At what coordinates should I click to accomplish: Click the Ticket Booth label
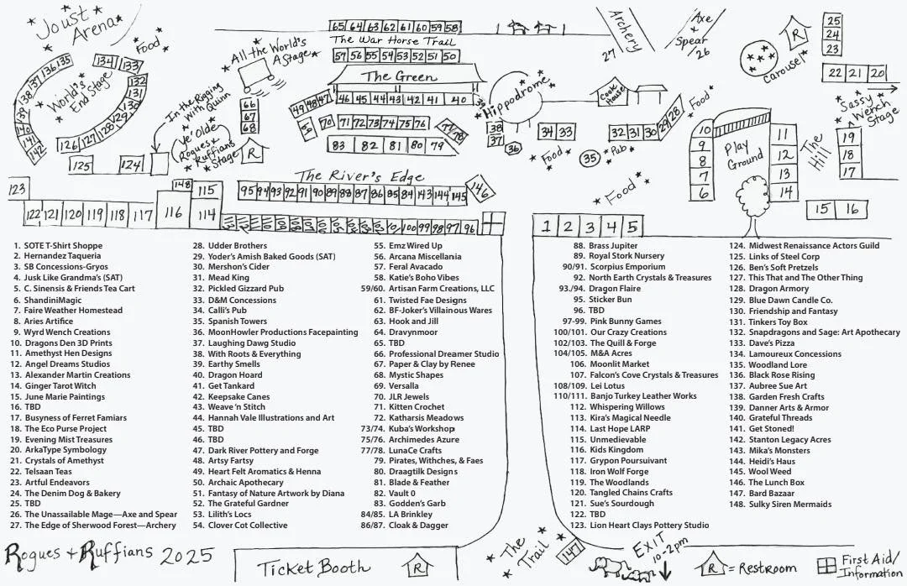tap(313, 567)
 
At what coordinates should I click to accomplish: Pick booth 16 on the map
tap(852, 209)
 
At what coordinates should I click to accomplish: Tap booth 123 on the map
tap(17, 190)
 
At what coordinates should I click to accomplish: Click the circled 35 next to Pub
tap(590, 158)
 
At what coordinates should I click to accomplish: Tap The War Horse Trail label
tap(393, 39)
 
